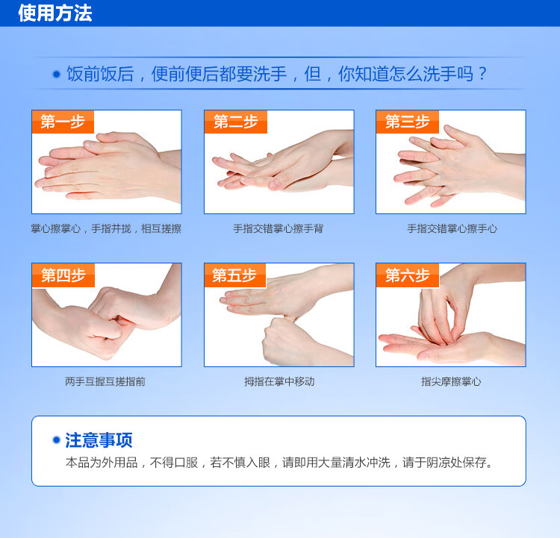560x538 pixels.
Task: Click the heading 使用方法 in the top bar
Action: click(55, 13)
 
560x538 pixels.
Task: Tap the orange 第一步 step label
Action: click(63, 122)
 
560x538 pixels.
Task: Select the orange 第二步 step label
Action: click(236, 122)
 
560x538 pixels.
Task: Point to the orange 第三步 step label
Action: click(408, 122)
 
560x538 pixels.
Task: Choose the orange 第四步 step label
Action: click(63, 275)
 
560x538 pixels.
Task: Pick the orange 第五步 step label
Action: click(235, 275)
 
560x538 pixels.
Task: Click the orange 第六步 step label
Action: click(408, 275)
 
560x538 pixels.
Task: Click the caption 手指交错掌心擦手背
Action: click(279, 228)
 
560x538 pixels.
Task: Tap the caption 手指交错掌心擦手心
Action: click(452, 228)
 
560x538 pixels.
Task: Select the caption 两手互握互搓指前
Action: click(105, 381)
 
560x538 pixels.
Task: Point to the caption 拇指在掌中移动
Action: click(279, 381)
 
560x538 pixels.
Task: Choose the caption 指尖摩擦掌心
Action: click(451, 381)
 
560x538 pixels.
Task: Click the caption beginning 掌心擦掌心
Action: click(106, 228)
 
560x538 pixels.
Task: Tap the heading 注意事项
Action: click(99, 440)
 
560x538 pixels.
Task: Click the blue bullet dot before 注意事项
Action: click(56, 440)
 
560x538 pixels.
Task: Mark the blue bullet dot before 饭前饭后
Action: click(57, 75)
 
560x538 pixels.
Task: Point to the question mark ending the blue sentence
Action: click(482, 74)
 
